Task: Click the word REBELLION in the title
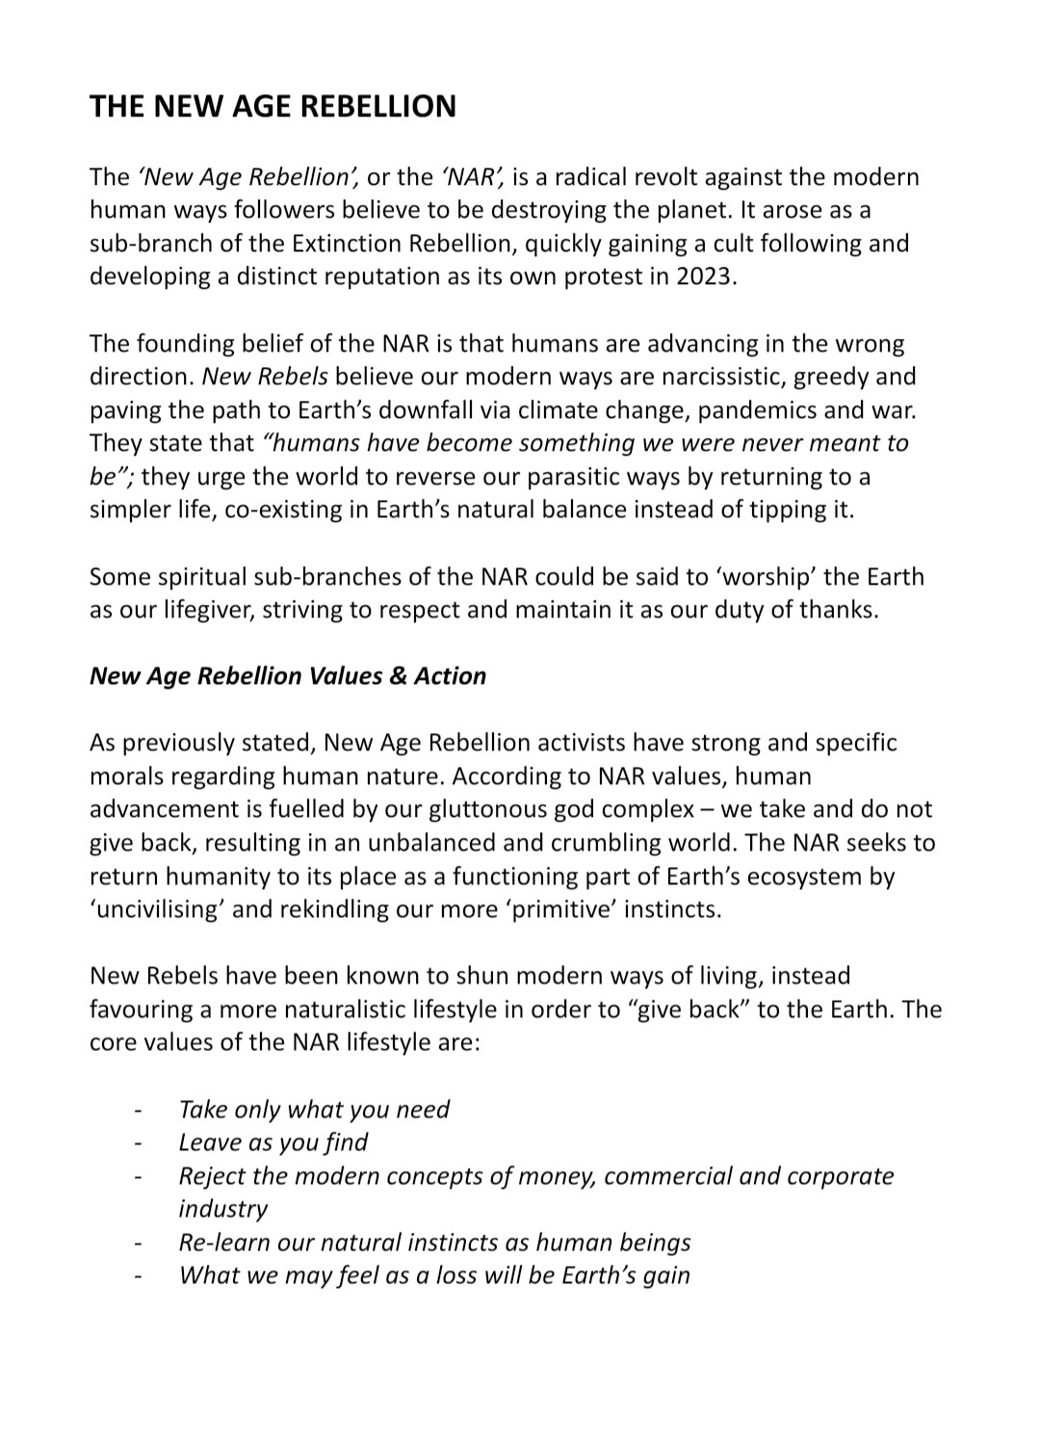(376, 106)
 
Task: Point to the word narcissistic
(706, 376)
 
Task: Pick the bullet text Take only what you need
(314, 1109)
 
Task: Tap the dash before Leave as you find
(140, 1143)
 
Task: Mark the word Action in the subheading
(450, 676)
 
